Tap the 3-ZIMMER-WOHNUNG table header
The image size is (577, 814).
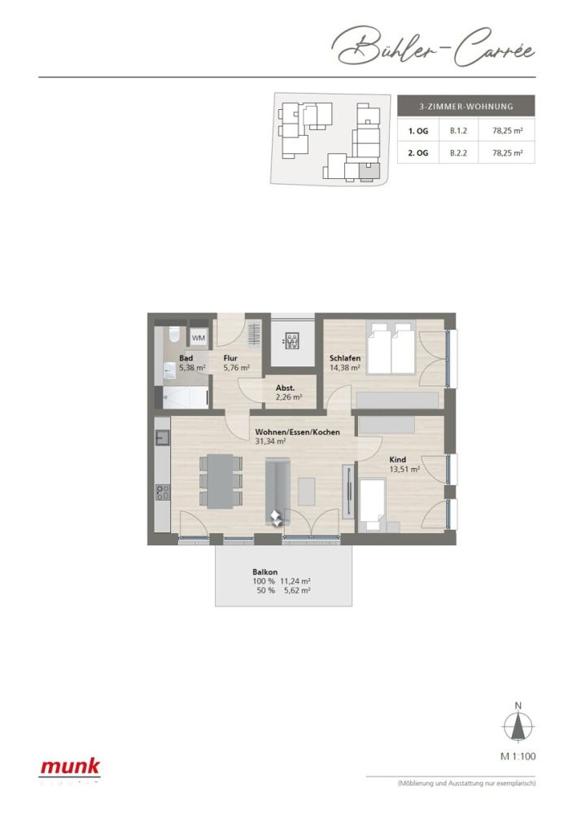tap(466, 106)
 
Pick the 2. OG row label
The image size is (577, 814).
tap(418, 152)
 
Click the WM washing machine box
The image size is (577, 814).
tap(199, 337)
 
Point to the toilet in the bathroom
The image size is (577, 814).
tap(173, 336)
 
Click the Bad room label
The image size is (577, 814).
tap(186, 358)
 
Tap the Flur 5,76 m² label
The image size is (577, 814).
tap(236, 362)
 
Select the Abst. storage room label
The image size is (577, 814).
tap(285, 392)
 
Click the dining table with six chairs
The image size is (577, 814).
tap(220, 482)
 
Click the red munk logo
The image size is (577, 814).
tap(71, 766)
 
